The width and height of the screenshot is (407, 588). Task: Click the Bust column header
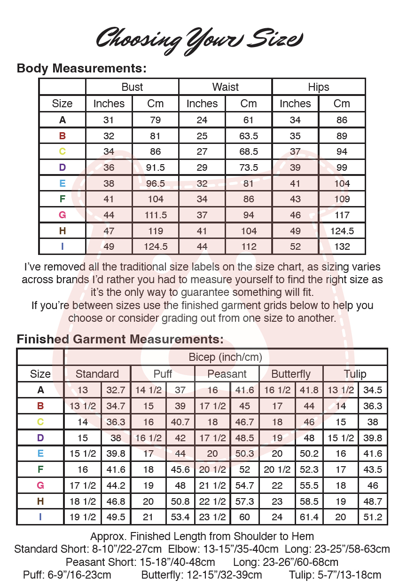point(132,87)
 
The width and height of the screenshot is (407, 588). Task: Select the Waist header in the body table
point(225,87)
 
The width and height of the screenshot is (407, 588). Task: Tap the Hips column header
point(319,87)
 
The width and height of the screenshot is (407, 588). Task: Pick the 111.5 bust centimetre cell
point(155,215)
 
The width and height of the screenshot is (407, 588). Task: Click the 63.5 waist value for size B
point(249,136)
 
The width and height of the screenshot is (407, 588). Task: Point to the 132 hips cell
point(342,246)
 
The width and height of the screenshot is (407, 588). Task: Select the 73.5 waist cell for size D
point(249,167)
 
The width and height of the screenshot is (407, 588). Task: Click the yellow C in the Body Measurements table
point(62,151)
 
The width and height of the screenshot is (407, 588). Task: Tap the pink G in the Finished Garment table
point(40,485)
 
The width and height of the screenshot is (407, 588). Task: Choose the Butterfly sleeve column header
point(291,374)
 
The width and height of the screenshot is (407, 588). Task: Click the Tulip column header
point(355,374)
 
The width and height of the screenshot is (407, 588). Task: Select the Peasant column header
point(227,374)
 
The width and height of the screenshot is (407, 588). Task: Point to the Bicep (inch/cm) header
point(225,357)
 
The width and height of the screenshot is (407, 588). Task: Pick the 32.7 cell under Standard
point(116,390)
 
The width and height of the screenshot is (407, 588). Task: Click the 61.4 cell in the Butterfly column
point(309,517)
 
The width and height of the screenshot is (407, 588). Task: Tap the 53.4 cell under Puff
point(180,517)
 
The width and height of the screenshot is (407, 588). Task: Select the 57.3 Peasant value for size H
point(244,501)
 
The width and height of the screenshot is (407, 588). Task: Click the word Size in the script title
point(275,38)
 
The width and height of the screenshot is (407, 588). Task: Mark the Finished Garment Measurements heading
point(120,339)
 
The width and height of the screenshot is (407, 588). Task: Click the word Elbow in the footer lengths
point(180,549)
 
